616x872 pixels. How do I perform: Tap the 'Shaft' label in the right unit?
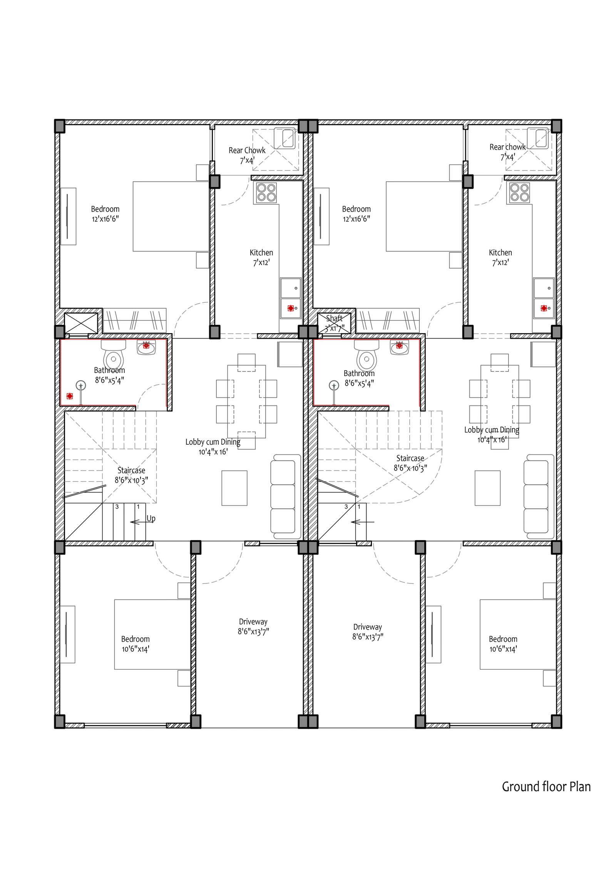[x=334, y=318]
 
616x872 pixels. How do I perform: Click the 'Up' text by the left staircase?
[x=151, y=519]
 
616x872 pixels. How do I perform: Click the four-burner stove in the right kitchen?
[x=520, y=193]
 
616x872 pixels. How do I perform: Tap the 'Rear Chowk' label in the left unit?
[x=247, y=150]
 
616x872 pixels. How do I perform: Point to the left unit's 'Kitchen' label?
[x=261, y=253]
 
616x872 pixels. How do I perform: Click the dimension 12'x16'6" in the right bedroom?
[x=357, y=219]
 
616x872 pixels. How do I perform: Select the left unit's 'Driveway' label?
[x=253, y=622]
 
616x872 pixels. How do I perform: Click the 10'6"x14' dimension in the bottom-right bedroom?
[x=503, y=649]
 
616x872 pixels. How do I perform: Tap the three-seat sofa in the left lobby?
[x=286, y=497]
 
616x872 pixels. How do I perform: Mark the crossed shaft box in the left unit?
[x=81, y=323]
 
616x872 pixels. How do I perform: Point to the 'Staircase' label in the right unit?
[x=410, y=459]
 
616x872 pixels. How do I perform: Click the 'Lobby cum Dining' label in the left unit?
[x=213, y=442]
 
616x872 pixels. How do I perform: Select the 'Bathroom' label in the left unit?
[x=109, y=370]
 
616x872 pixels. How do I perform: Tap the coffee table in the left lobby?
[x=234, y=488]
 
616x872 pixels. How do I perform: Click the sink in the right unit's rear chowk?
[x=538, y=138]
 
